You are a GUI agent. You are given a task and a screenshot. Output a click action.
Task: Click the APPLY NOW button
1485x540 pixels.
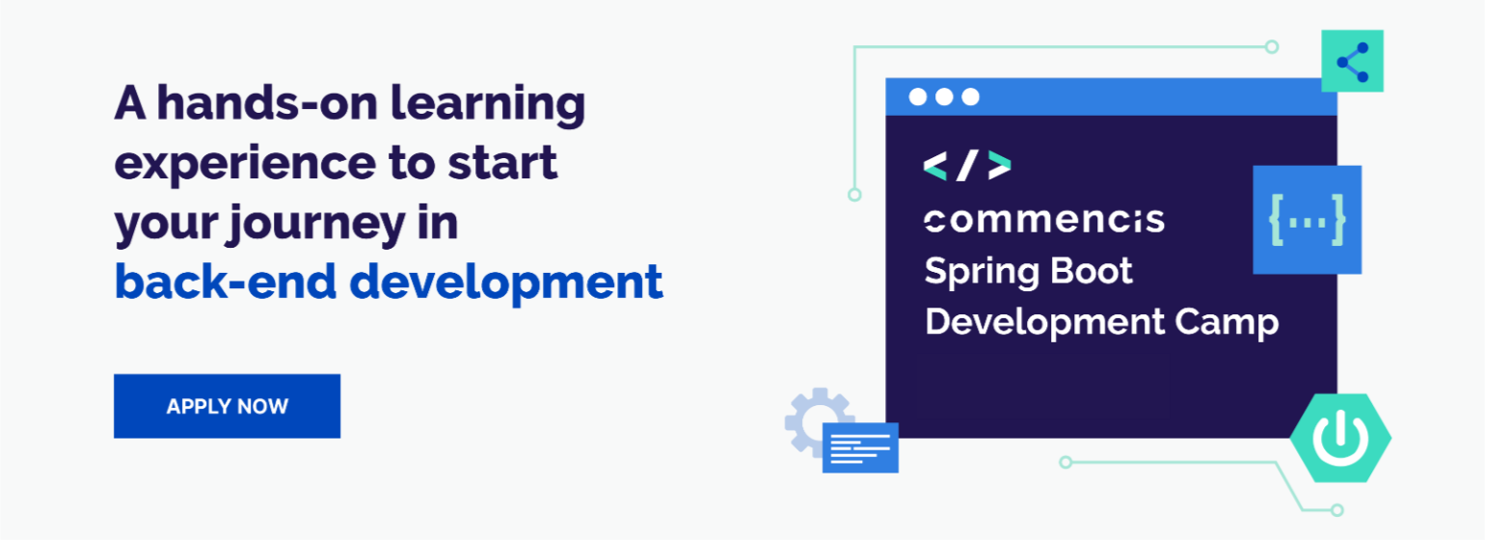coord(227,406)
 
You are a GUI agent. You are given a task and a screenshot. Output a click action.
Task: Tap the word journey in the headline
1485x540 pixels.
coord(308,224)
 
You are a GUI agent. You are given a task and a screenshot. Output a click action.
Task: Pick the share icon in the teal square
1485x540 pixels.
coord(1352,62)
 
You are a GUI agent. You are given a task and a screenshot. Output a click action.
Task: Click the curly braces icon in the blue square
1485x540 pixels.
coord(1307,220)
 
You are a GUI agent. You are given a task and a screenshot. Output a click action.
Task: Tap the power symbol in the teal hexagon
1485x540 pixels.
coord(1341,438)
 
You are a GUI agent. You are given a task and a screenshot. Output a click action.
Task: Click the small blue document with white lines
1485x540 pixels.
coord(860,447)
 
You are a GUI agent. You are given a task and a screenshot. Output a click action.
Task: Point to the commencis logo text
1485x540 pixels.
coord(1044,220)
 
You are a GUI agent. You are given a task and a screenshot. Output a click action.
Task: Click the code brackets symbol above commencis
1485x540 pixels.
coord(967,166)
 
